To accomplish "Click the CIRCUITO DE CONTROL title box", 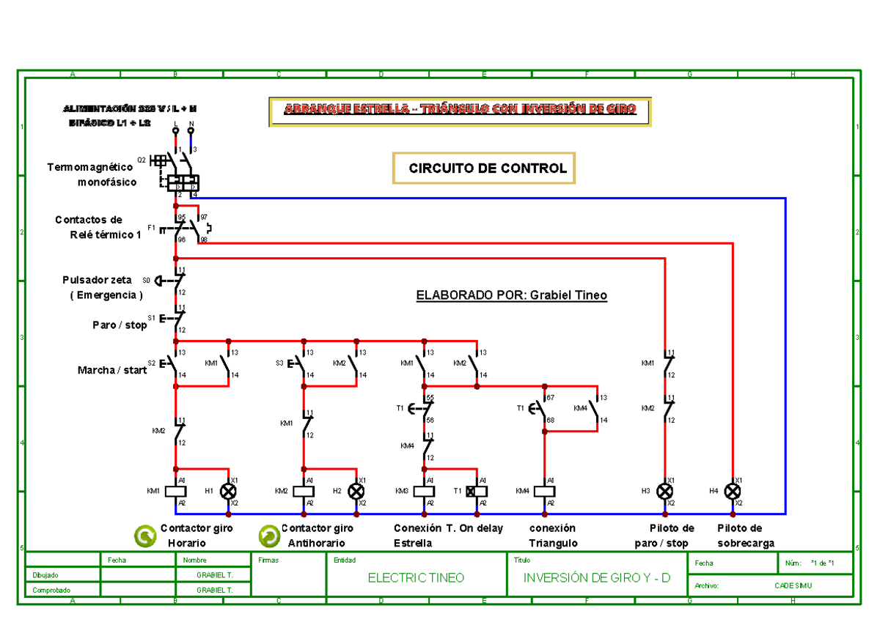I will (x=484, y=169).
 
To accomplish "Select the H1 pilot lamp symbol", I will (x=229, y=492).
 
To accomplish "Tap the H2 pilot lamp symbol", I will (x=356, y=492).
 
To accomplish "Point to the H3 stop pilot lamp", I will (x=665, y=492).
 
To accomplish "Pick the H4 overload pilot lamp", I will (x=732, y=492).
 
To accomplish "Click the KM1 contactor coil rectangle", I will (x=176, y=492).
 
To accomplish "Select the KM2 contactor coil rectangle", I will (x=304, y=492).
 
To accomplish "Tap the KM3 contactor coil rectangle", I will (x=425, y=492).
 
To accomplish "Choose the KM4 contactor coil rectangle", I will (x=544, y=492).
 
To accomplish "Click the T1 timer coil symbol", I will (x=477, y=492).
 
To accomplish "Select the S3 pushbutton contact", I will (x=301, y=364).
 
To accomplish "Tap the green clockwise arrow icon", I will (x=145, y=536).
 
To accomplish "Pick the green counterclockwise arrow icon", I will (x=269, y=536).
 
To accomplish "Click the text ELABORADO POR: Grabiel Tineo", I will (x=511, y=296).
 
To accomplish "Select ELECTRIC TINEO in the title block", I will (x=416, y=578).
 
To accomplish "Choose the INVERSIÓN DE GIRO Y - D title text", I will (x=596, y=578).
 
